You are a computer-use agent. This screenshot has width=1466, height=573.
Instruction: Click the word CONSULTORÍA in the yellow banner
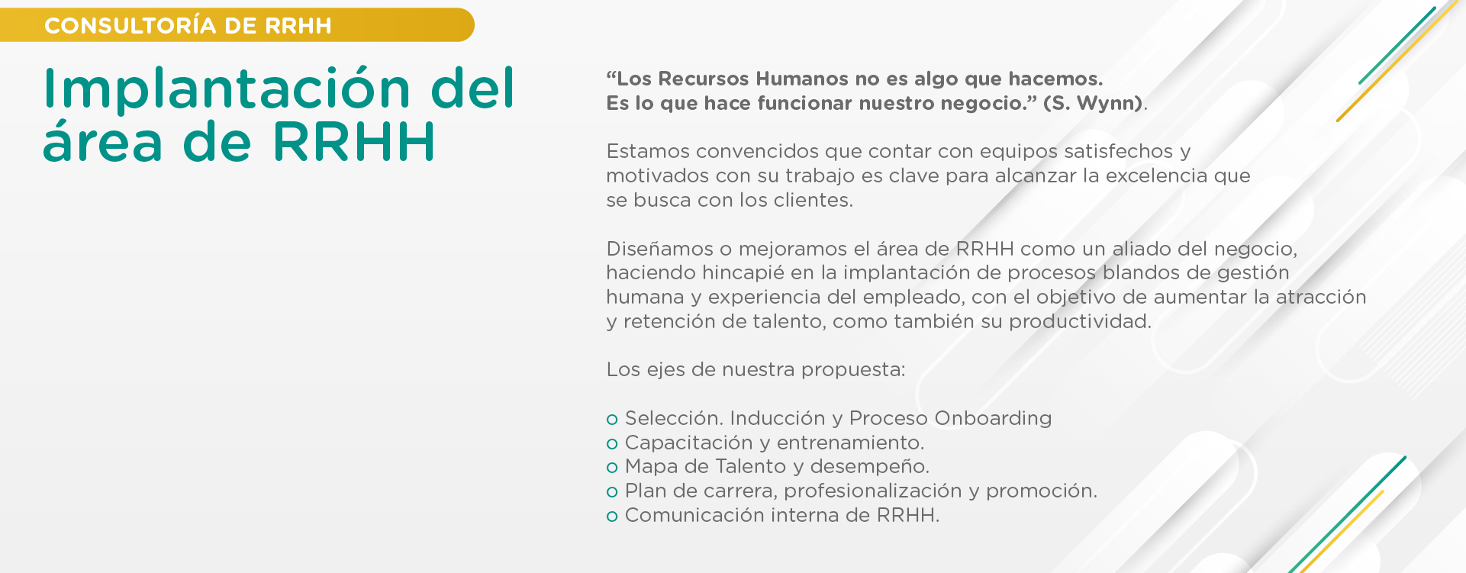pyautogui.click(x=130, y=25)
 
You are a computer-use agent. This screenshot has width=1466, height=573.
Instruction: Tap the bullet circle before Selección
pyautogui.click(x=612, y=420)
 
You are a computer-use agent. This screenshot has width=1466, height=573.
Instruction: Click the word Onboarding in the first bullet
pyautogui.click(x=993, y=419)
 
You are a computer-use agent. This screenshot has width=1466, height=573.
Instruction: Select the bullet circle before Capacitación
pyautogui.click(x=612, y=444)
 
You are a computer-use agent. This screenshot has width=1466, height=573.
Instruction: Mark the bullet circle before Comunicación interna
pyautogui.click(x=612, y=517)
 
